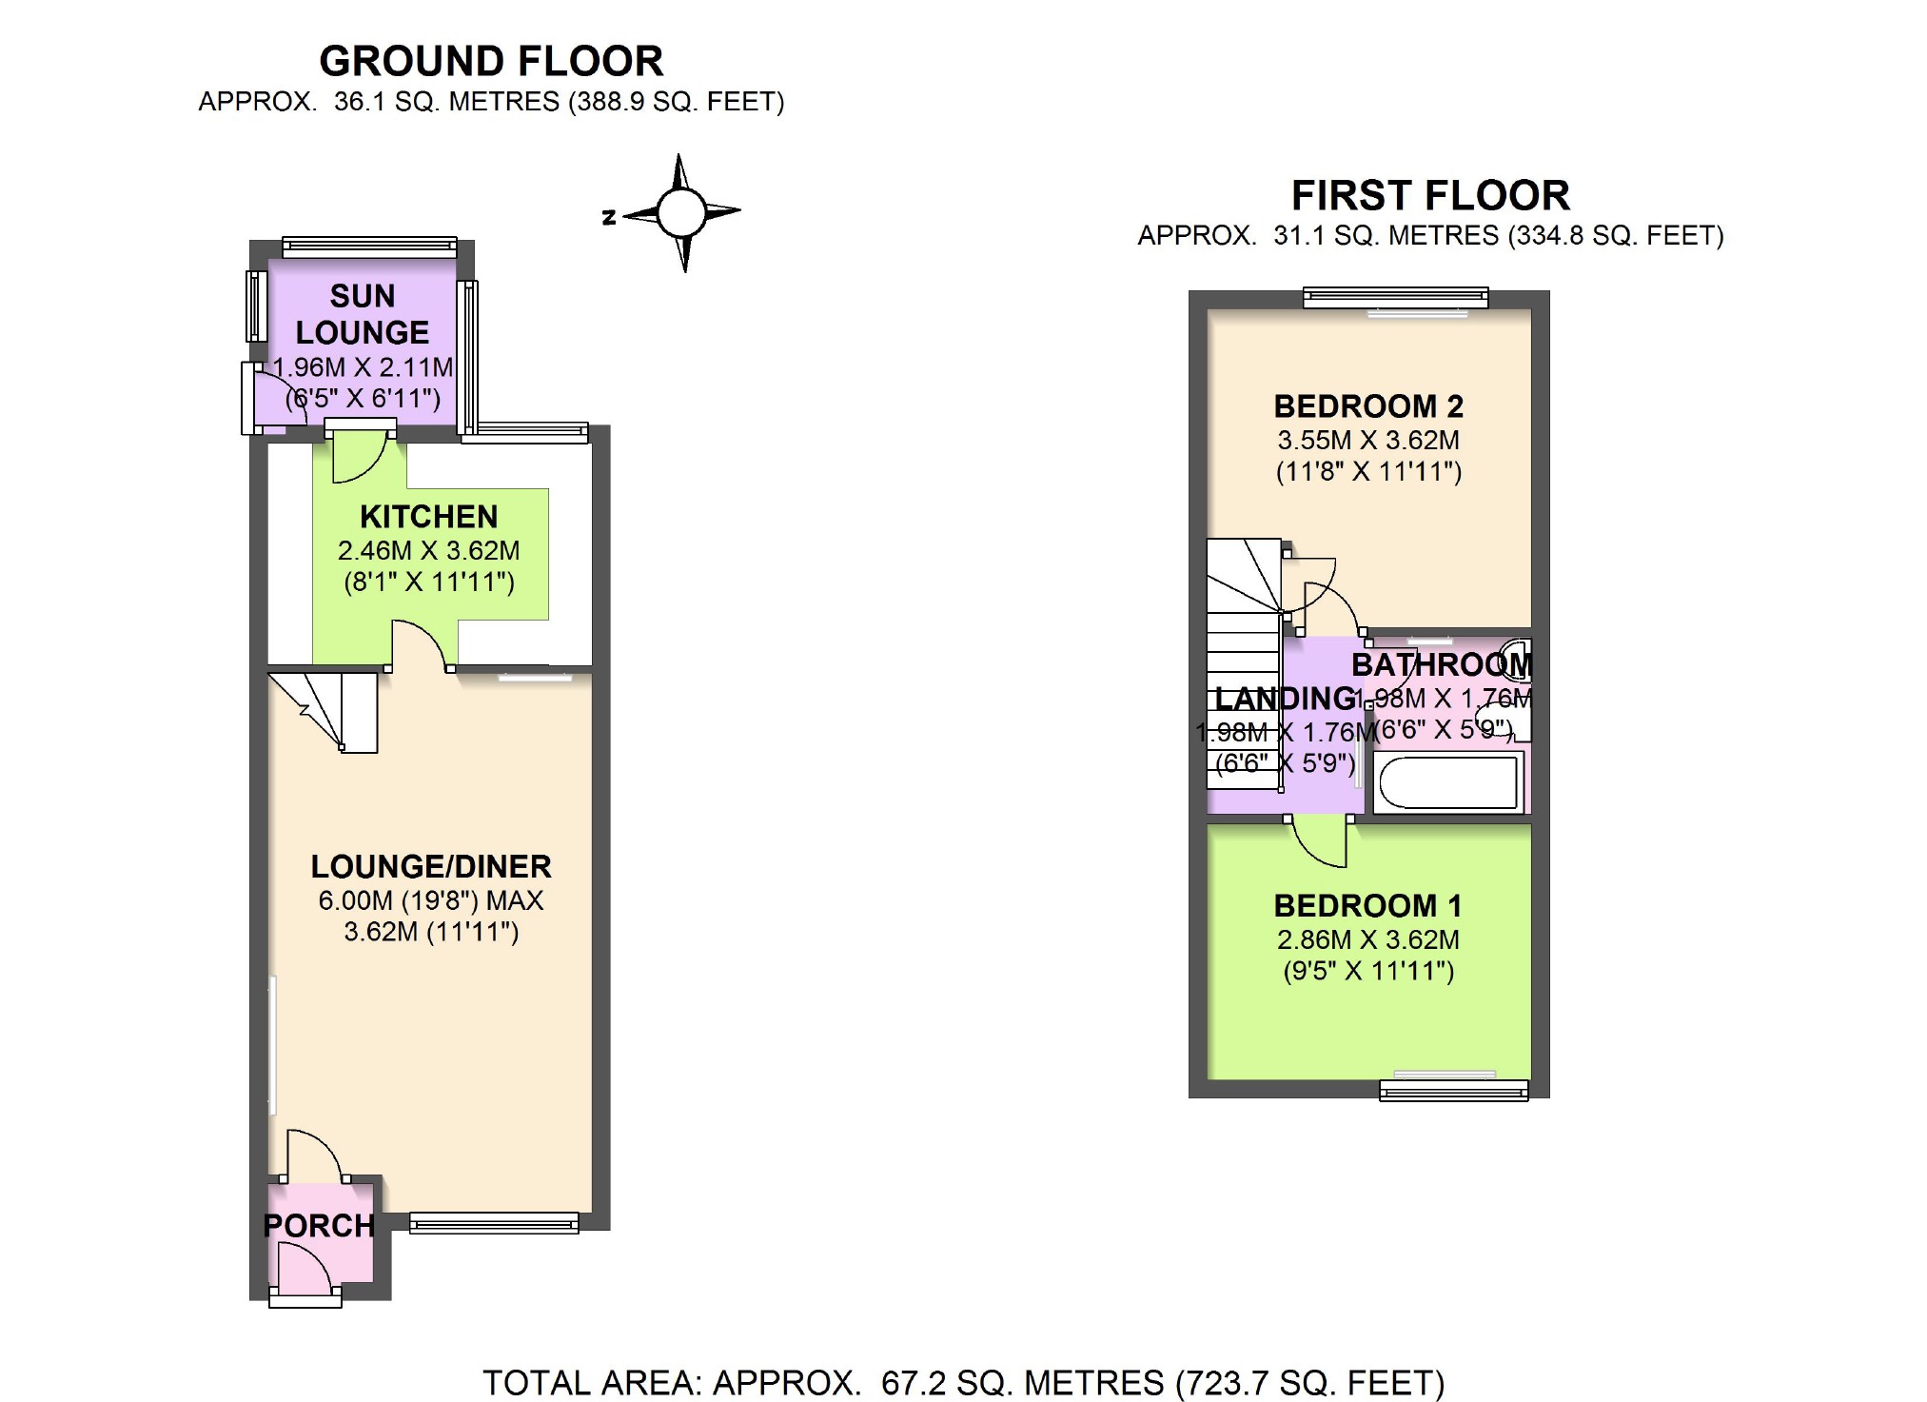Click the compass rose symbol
(681, 212)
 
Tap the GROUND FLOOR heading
(491, 62)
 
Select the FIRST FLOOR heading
(1429, 196)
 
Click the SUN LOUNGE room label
(363, 314)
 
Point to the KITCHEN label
(428, 517)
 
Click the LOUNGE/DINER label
(431, 866)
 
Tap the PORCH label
(319, 1226)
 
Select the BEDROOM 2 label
(1368, 406)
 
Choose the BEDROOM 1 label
(1367, 905)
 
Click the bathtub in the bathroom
(1448, 782)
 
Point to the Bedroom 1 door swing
(1319, 841)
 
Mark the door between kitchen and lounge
(419, 644)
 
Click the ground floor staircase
(324, 711)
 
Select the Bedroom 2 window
(1395, 298)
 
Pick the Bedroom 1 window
(1454, 1090)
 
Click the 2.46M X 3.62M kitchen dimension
(428, 550)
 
